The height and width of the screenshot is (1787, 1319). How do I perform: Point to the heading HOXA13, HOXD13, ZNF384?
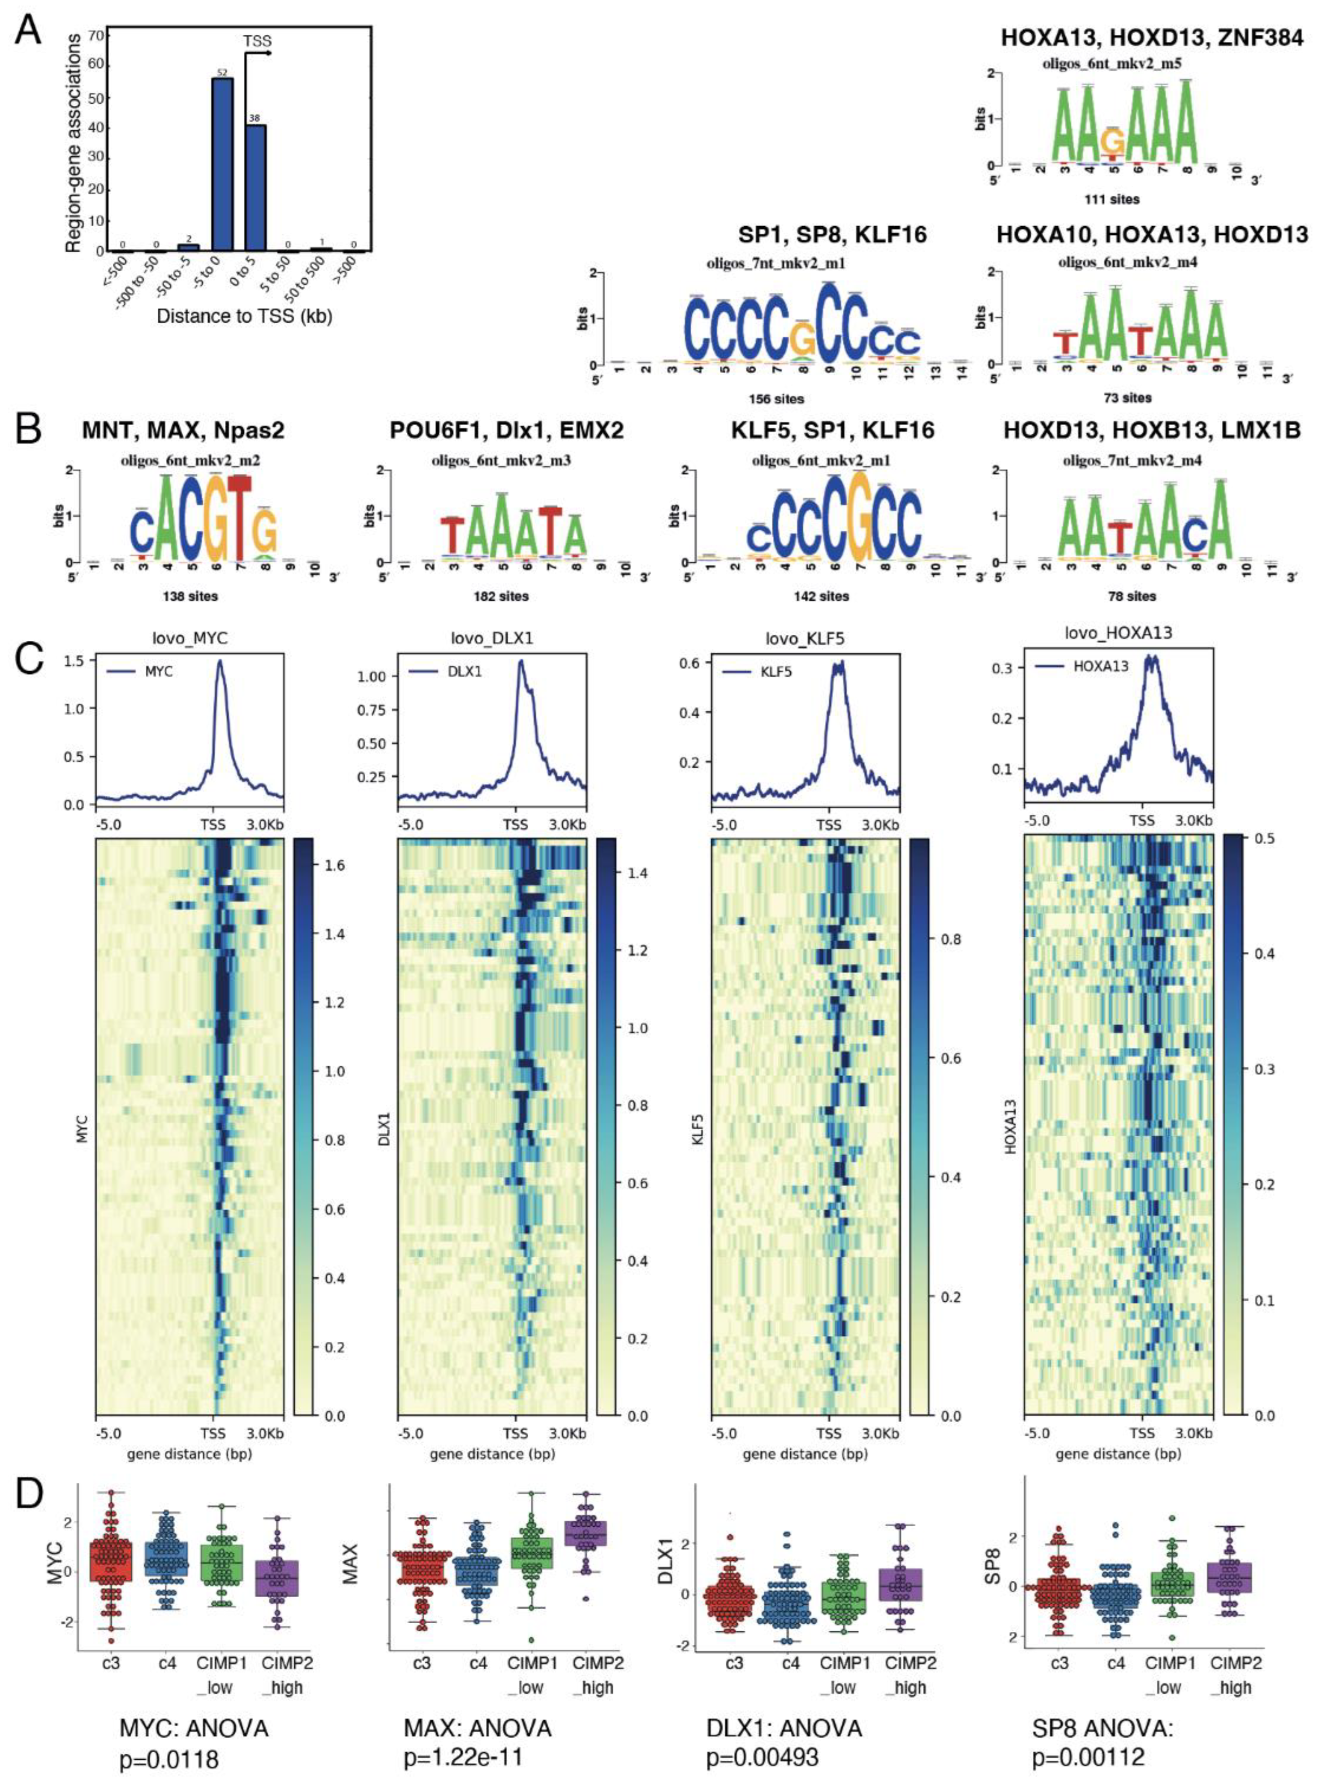click(1152, 37)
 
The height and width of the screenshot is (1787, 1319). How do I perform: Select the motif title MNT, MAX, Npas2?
click(184, 431)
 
